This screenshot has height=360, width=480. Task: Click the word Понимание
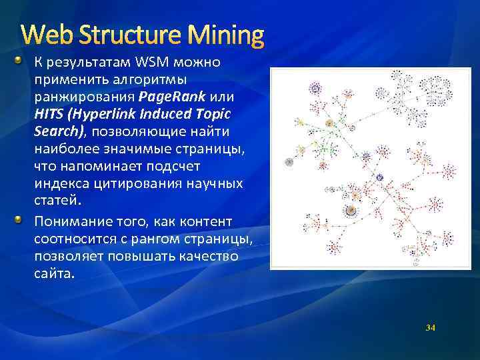click(x=66, y=221)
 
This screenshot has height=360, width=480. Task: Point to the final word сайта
click(x=52, y=273)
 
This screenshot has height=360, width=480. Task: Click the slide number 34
click(x=430, y=327)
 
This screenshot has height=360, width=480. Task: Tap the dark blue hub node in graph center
click(x=380, y=177)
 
